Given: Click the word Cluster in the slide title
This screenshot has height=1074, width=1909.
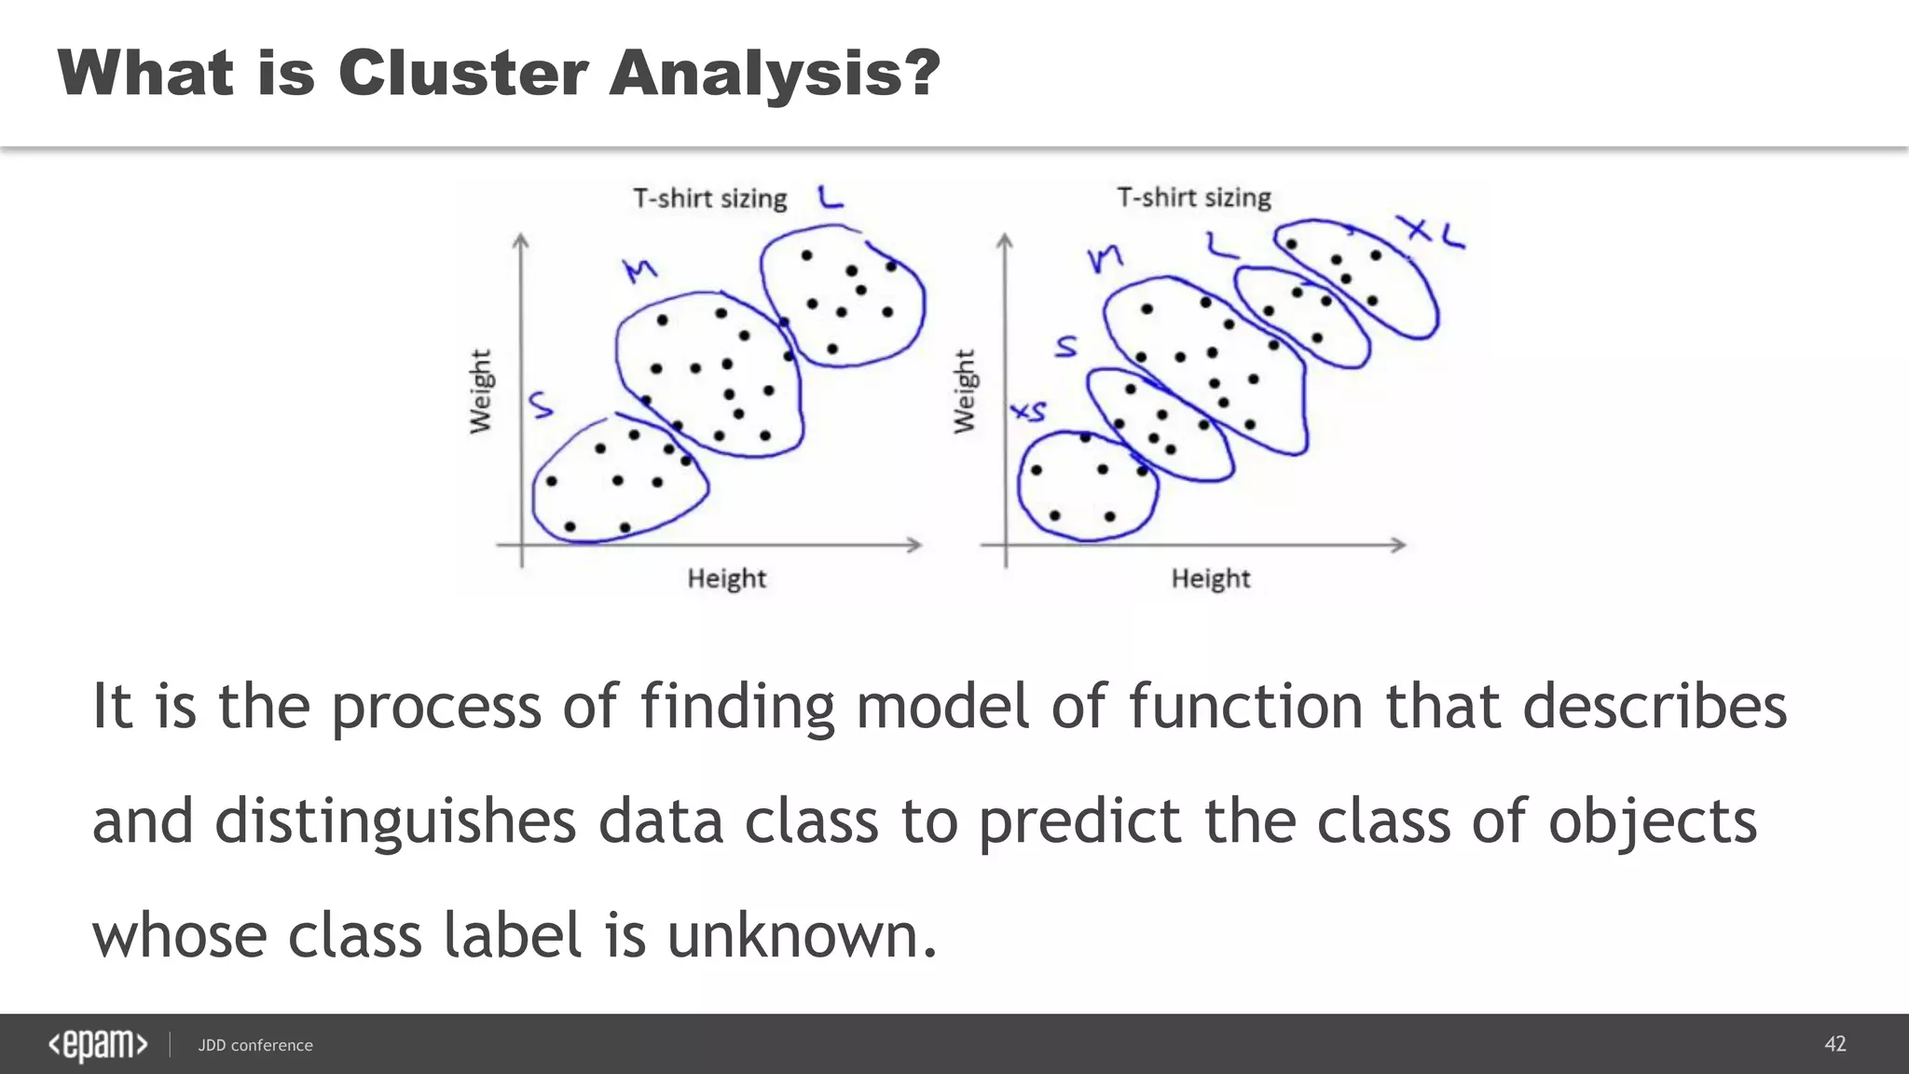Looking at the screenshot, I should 462,73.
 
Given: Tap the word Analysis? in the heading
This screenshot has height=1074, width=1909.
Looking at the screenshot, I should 775,73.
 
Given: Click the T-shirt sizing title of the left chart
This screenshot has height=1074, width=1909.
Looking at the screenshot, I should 709,199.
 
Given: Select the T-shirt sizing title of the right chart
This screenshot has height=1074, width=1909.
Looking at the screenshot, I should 1194,198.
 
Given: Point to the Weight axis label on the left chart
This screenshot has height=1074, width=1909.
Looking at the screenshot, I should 480,392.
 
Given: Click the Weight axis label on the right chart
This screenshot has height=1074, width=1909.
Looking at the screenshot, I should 964,392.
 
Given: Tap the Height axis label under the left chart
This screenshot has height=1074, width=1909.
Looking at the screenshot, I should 726,579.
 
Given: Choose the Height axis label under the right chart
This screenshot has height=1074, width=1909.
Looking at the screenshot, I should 1210,579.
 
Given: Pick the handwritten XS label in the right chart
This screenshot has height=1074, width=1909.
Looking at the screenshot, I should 1029,411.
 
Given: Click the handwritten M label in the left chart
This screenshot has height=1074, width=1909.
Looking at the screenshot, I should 640,270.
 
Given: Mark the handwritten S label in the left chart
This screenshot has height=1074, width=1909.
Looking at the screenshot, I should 541,405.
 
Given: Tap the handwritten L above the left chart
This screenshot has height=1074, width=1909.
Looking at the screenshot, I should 830,197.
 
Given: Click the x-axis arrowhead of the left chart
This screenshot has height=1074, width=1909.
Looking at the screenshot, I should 915,544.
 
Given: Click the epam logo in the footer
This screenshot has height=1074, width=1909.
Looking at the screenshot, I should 98,1045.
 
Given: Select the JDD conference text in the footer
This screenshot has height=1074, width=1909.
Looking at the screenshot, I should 255,1045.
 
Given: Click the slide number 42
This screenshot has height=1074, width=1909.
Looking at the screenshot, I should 1834,1044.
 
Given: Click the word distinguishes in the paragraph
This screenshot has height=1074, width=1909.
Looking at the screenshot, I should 395,822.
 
